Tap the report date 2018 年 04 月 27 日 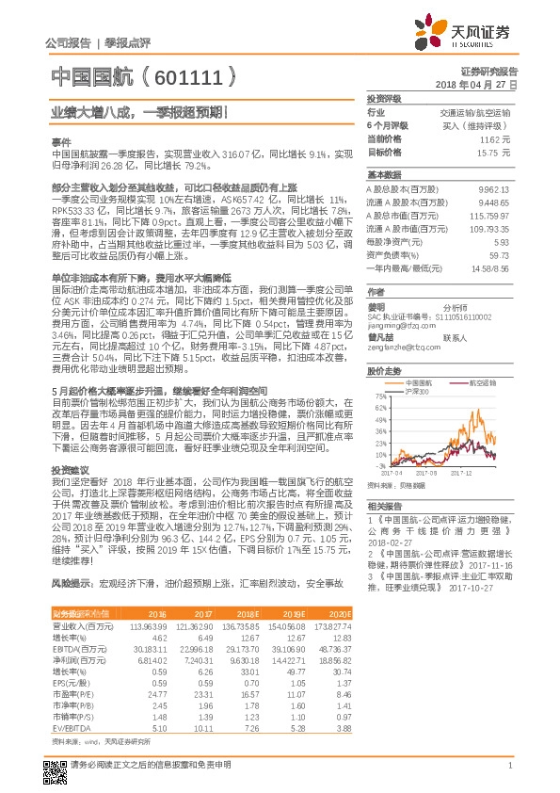[x=477, y=85]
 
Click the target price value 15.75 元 [x=494, y=152]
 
